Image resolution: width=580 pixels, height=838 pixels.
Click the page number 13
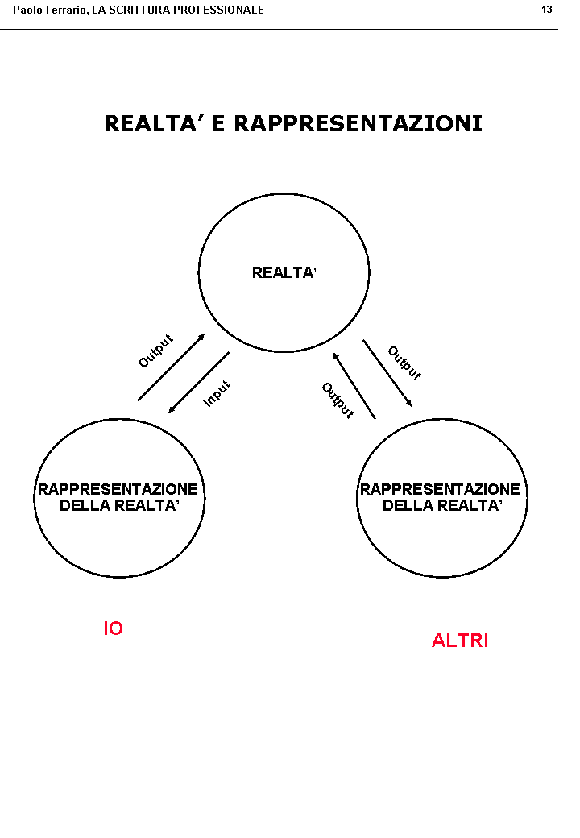point(547,10)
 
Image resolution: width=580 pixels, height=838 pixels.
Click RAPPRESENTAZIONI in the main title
point(358,124)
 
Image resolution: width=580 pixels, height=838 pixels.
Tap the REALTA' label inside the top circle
point(284,273)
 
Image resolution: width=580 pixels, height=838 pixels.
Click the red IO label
point(113,628)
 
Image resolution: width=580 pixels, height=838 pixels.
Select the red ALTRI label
point(460,641)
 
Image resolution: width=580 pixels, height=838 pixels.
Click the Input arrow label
point(217,393)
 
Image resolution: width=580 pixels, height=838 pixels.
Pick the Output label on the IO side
point(155,351)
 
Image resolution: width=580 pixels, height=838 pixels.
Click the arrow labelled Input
point(199,382)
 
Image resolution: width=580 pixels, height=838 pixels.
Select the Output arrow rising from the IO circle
point(171,367)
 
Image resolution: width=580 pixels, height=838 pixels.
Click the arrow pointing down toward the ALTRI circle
point(387,373)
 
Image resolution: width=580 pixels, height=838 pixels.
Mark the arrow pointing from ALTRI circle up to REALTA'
point(354,385)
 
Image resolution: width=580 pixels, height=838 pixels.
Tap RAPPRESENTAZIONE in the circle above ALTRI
point(440,490)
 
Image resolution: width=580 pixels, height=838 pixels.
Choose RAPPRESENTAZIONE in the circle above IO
point(118,490)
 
